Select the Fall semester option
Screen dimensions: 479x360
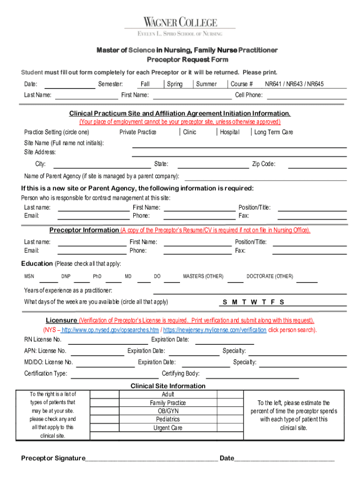point(145,84)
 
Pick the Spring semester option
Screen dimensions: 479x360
point(175,84)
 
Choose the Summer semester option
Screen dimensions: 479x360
point(206,84)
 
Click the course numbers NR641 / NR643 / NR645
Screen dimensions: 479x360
point(294,84)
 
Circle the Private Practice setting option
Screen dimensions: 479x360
point(138,132)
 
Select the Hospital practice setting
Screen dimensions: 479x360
point(230,132)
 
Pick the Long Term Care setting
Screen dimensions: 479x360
point(274,132)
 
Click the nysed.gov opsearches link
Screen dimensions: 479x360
point(110,330)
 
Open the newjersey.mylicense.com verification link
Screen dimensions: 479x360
point(215,330)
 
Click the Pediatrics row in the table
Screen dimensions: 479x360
point(168,419)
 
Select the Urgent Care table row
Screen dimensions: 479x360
point(168,428)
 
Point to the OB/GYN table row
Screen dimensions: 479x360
point(168,411)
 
